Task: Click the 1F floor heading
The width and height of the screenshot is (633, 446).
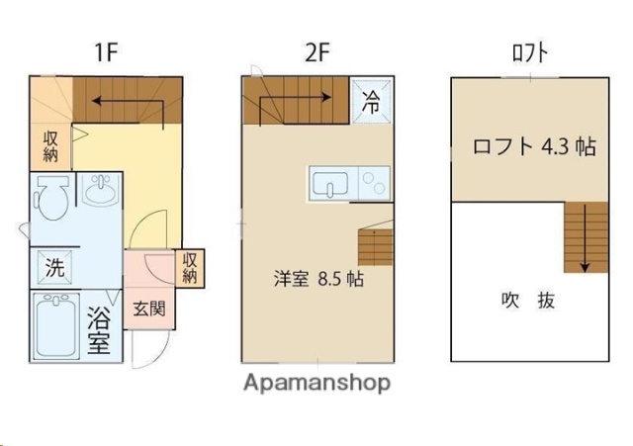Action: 109,51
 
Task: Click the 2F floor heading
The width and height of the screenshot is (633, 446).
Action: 316,51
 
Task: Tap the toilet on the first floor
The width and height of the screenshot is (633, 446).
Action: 50,197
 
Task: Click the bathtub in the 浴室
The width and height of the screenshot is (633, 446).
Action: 56,325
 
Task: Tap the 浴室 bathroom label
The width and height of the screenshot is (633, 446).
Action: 99,331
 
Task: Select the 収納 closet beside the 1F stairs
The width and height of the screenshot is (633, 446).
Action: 50,146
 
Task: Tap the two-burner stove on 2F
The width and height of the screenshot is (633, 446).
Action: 376,183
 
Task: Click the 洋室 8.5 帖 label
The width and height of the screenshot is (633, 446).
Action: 318,278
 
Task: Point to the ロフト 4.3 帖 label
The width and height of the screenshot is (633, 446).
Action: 534,147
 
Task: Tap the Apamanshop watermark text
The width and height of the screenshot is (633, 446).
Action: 316,382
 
